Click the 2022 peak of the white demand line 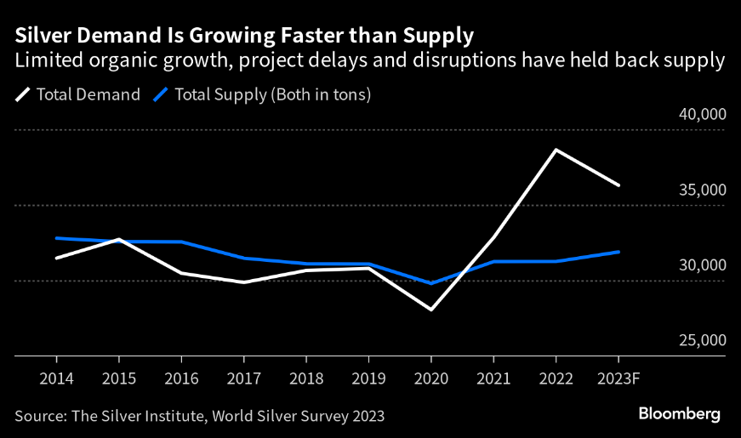click(x=556, y=150)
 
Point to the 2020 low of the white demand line click(x=430, y=310)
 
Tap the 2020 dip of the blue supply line click(x=430, y=283)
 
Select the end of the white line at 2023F click(x=618, y=185)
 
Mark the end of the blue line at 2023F click(x=618, y=252)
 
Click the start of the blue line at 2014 click(x=56, y=238)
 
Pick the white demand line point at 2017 click(x=243, y=282)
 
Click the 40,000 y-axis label click(x=702, y=115)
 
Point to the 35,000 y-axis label click(x=702, y=190)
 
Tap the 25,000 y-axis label click(x=702, y=340)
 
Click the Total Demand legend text click(x=88, y=94)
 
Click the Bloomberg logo click(x=680, y=414)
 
